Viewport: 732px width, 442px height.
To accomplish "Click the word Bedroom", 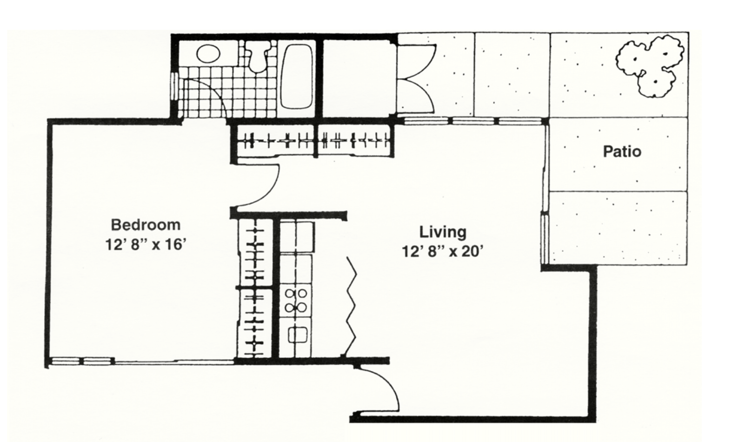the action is point(146,225).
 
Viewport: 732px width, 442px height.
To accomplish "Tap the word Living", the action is point(443,232).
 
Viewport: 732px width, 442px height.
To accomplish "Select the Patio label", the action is point(622,152).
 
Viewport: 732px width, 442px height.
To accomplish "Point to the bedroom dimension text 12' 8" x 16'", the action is point(146,244).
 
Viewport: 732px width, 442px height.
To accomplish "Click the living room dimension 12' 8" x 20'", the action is point(442,252).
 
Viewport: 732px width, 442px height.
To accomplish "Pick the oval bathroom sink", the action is point(208,54).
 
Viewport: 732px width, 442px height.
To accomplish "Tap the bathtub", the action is point(297,76).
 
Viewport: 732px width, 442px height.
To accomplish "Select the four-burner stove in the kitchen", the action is point(296,301).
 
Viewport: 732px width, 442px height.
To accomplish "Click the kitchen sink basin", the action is point(297,335).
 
